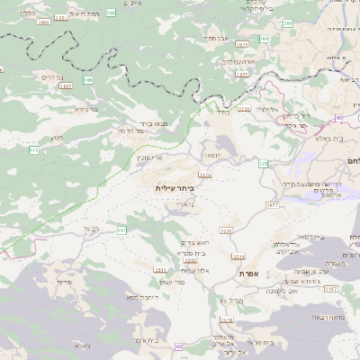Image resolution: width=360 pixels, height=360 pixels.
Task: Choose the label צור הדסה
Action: [x=157, y=131]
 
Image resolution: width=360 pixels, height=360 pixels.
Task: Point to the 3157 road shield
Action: [x=332, y=289]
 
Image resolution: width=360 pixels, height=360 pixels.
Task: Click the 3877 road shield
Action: [x=242, y=76]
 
